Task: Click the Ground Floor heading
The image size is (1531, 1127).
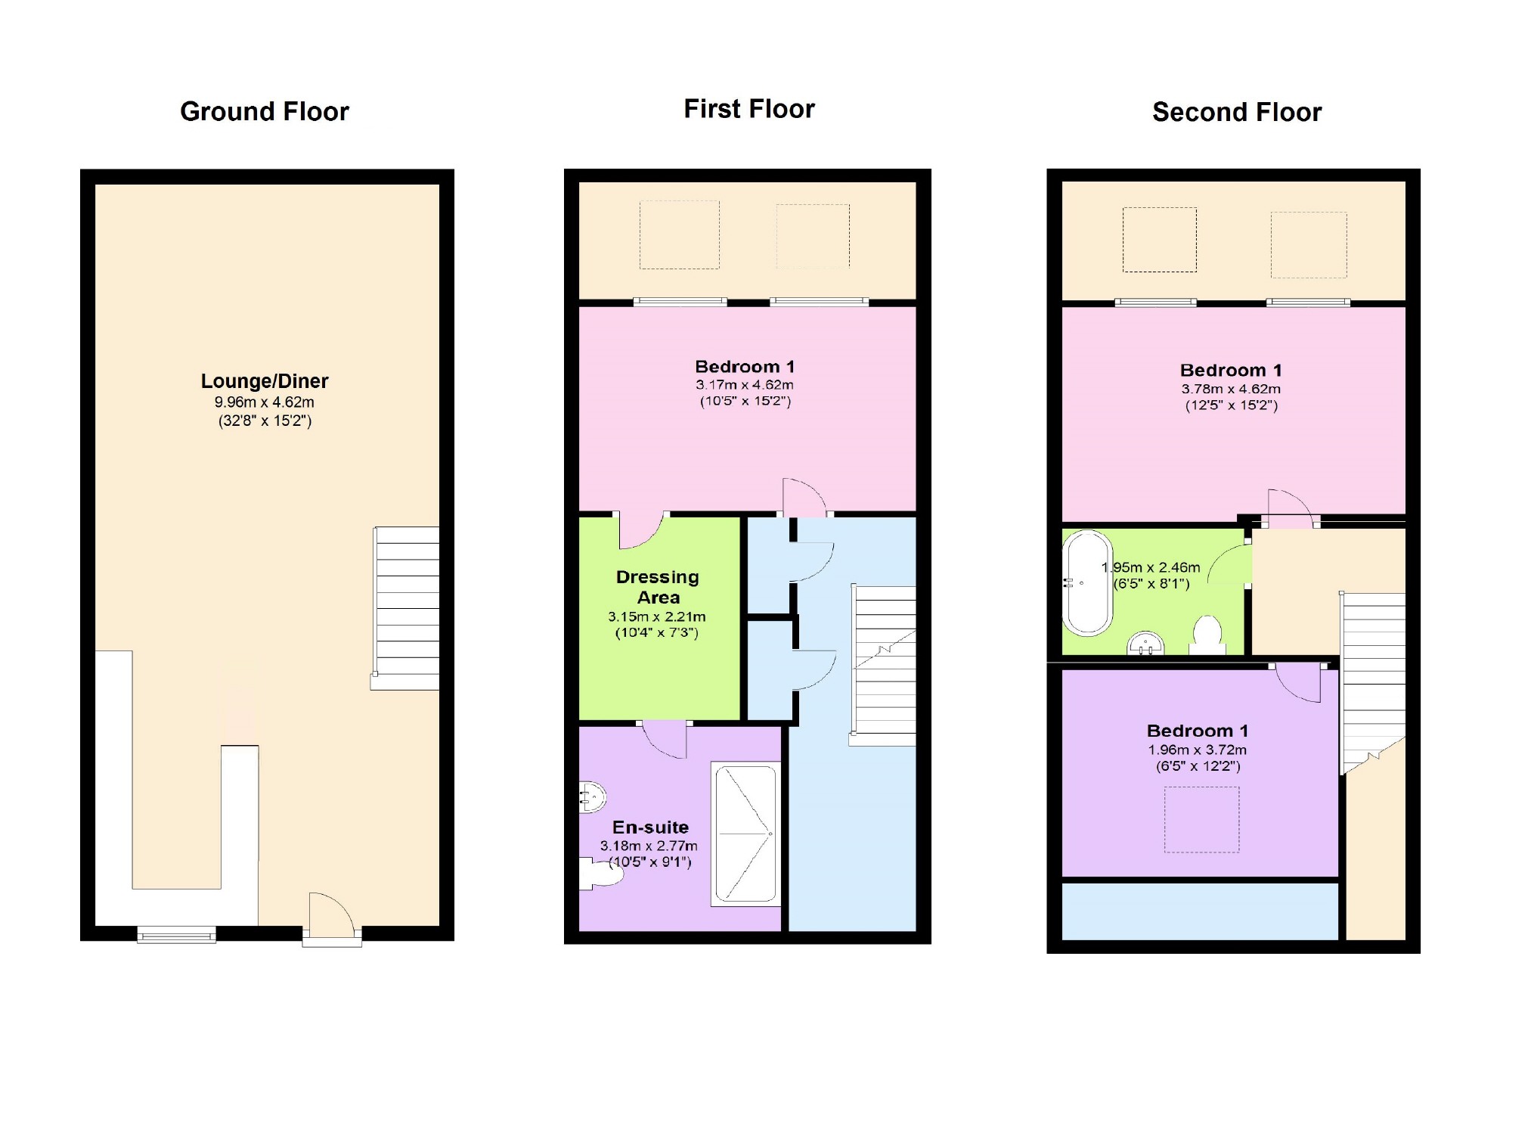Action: click(265, 112)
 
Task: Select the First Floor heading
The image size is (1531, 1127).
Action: click(749, 109)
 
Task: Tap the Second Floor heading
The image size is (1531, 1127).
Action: click(1237, 112)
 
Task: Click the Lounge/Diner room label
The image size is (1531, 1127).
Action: click(265, 381)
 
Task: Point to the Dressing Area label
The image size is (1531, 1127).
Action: click(658, 587)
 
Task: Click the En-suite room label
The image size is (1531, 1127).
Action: click(650, 827)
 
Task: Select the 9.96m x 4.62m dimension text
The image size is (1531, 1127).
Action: click(265, 402)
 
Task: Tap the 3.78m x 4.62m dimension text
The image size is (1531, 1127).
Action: click(1232, 390)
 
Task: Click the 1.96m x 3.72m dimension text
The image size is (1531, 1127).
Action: click(1198, 750)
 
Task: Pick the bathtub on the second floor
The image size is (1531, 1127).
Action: click(1088, 583)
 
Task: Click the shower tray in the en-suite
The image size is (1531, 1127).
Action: click(746, 834)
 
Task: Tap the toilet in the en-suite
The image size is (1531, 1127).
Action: click(602, 874)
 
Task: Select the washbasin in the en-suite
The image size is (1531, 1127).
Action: click(593, 796)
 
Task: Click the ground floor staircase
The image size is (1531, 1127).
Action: click(406, 608)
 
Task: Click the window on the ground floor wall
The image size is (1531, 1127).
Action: click(177, 935)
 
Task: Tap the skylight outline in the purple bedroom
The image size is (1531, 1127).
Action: click(1201, 820)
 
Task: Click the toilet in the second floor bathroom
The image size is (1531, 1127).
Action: click(1207, 635)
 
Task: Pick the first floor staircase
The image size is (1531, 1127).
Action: click(883, 666)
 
